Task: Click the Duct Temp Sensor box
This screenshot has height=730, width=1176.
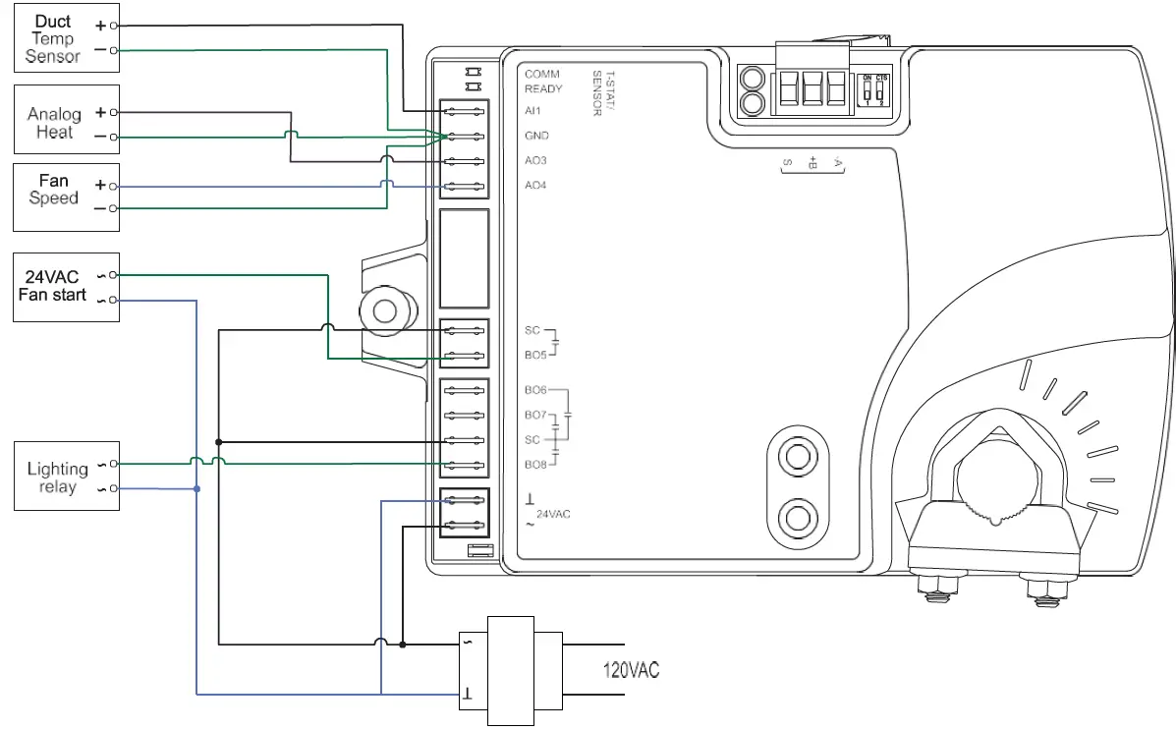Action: pyautogui.click(x=67, y=39)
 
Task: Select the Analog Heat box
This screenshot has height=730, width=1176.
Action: pyautogui.click(x=67, y=119)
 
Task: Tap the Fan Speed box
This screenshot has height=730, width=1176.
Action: pyautogui.click(x=67, y=197)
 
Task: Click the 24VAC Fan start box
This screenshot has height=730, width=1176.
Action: pyautogui.click(x=67, y=287)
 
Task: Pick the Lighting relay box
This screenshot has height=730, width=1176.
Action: pyautogui.click(x=67, y=476)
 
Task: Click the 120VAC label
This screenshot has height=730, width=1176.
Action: pyautogui.click(x=630, y=670)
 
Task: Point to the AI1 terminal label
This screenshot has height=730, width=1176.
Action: pyautogui.click(x=533, y=111)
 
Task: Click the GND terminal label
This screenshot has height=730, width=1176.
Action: pyautogui.click(x=536, y=136)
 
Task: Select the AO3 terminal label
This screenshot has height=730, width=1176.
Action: pyautogui.click(x=535, y=160)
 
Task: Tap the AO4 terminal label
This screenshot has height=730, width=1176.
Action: pyautogui.click(x=535, y=185)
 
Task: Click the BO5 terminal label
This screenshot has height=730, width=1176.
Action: pyautogui.click(x=535, y=356)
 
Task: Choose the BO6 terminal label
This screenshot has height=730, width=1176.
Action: pyautogui.click(x=535, y=390)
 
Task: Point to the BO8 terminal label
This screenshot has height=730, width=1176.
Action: pyautogui.click(x=535, y=464)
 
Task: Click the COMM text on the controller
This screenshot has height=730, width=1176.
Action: pyautogui.click(x=541, y=75)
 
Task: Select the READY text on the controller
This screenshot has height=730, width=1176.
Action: pyautogui.click(x=543, y=88)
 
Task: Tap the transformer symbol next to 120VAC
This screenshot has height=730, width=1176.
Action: pyautogui.click(x=511, y=670)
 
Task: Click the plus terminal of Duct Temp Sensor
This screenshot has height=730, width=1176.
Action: pyautogui.click(x=114, y=25)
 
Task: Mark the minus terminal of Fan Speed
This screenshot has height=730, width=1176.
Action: pyautogui.click(x=114, y=208)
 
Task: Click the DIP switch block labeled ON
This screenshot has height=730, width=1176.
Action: pyautogui.click(x=874, y=89)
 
